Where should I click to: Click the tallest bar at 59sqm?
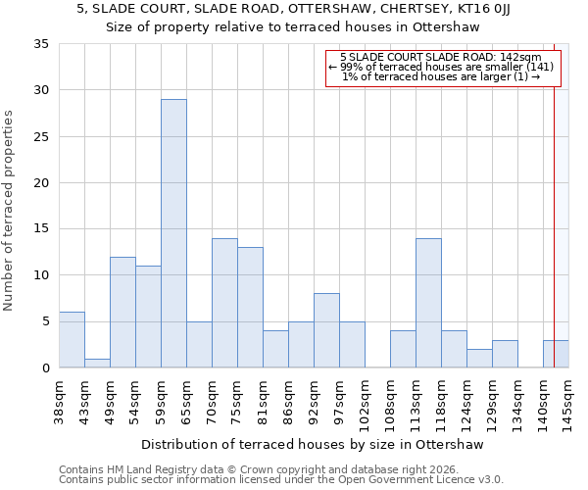click(x=173, y=233)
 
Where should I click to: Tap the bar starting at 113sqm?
click(x=428, y=303)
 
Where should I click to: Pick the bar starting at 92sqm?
click(x=326, y=330)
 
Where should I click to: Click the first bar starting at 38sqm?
click(x=72, y=340)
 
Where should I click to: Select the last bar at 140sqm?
click(x=556, y=354)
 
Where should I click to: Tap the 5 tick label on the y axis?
click(x=44, y=321)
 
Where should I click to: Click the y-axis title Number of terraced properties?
click(x=10, y=211)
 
